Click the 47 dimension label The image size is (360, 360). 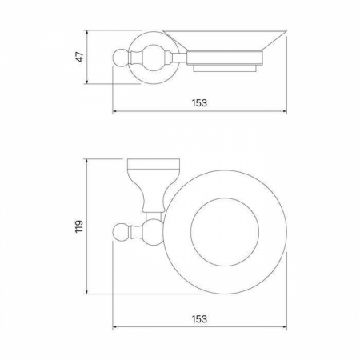pyautogui.click(x=80, y=57)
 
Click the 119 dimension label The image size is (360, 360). pyautogui.click(x=79, y=226)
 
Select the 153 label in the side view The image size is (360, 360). pyautogui.click(x=199, y=102)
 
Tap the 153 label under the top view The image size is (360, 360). pyautogui.click(x=199, y=318)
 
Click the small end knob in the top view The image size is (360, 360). pyautogui.click(x=122, y=232)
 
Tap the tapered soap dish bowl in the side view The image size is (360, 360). pyautogui.click(x=225, y=40)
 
